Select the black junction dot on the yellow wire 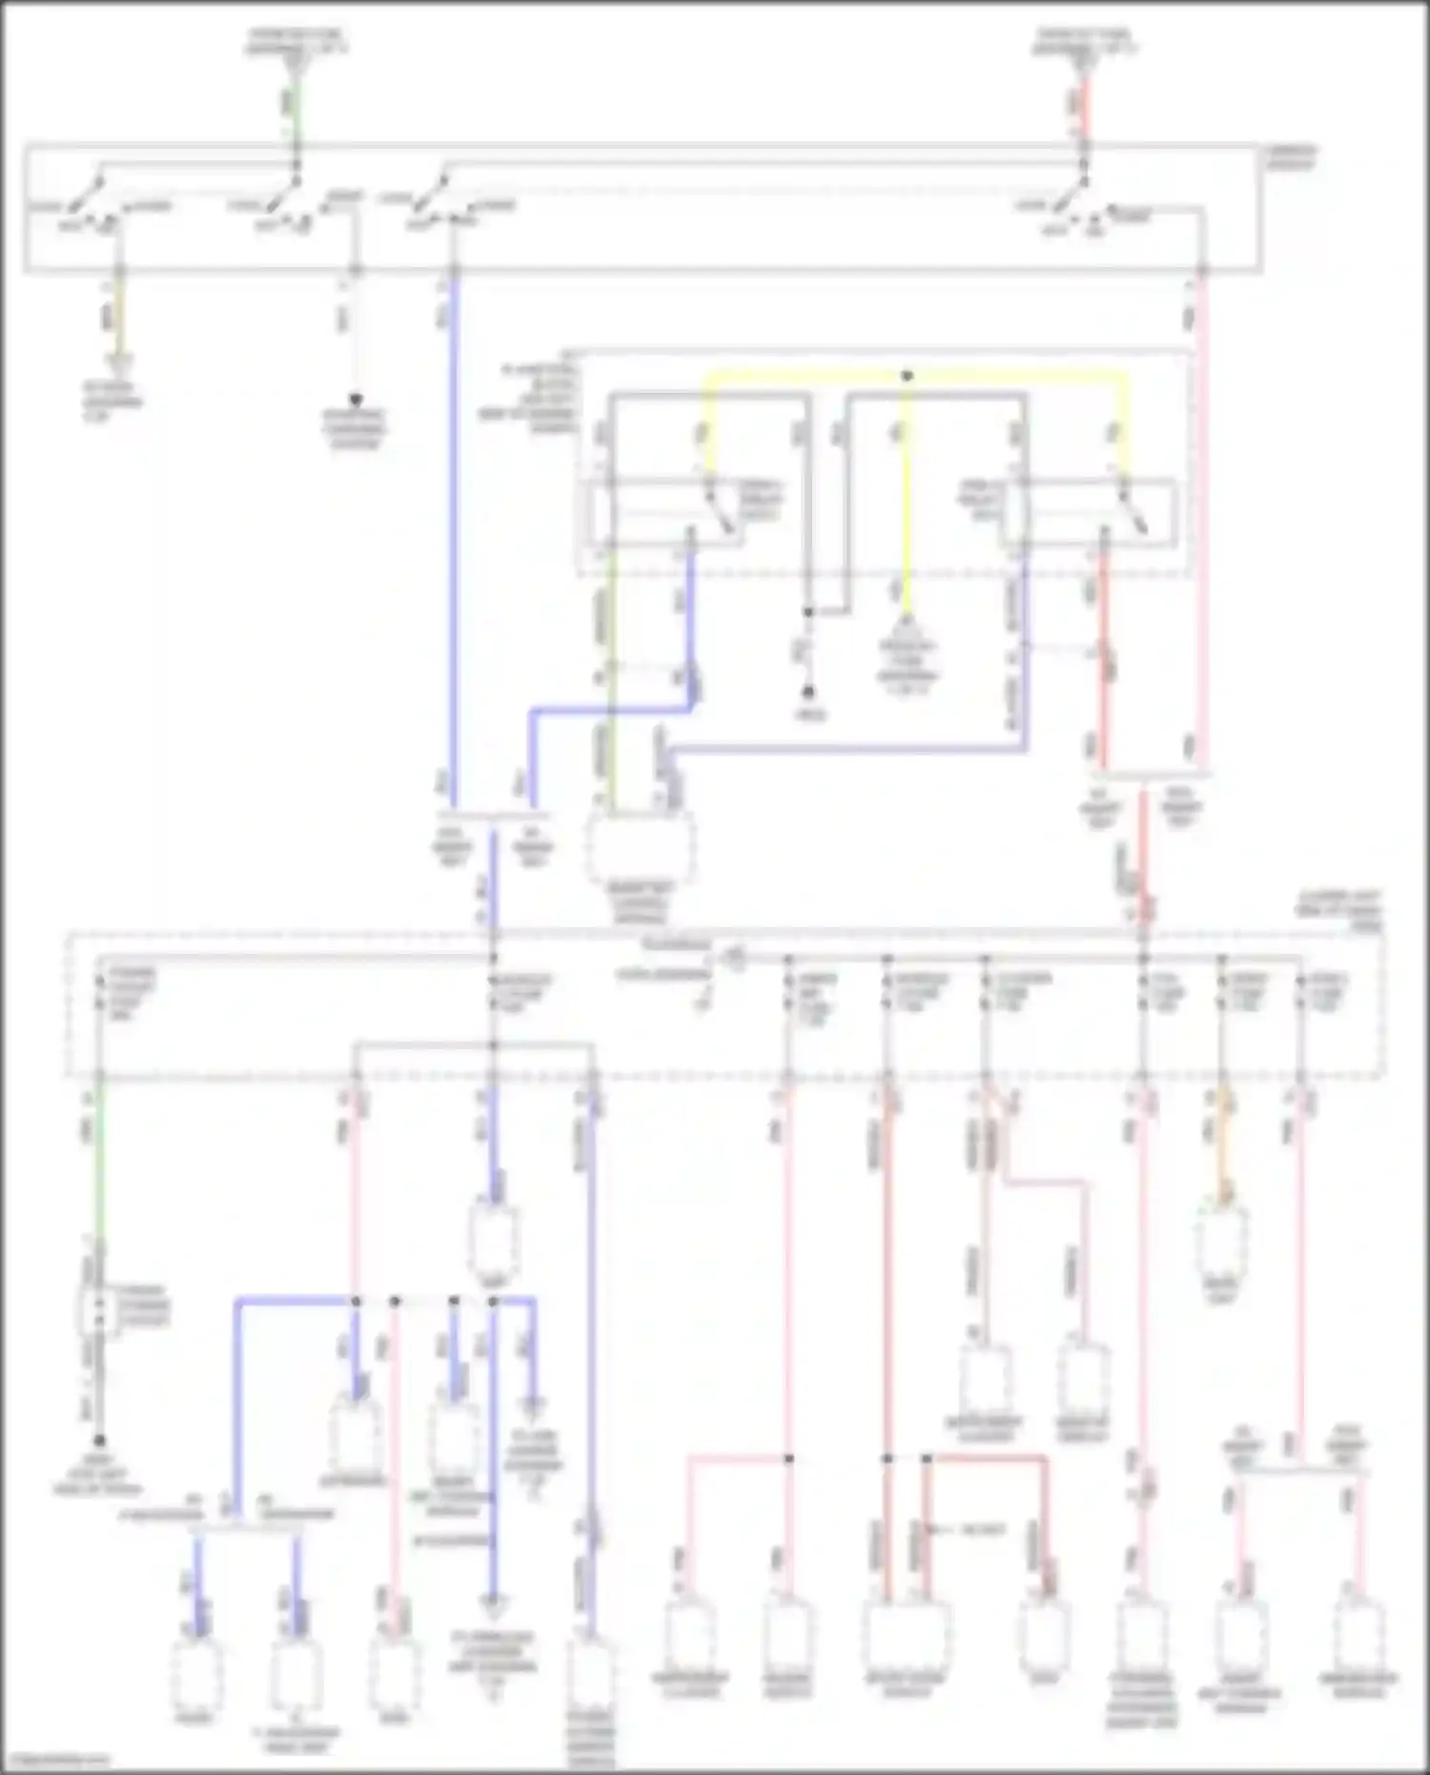pos(907,376)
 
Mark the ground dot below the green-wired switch pos(99,1441)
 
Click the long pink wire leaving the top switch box pos(1203,525)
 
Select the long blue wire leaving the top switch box pos(453,534)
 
